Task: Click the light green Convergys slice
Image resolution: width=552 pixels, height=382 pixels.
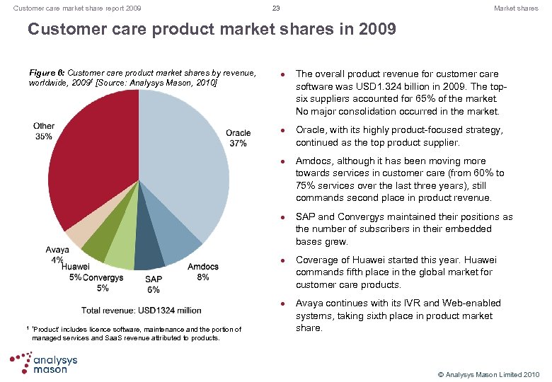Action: click(121, 251)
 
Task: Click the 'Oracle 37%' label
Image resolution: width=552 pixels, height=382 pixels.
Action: click(238, 138)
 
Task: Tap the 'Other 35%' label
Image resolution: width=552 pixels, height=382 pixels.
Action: click(43, 131)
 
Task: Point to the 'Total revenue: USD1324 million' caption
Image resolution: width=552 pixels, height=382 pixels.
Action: click(141, 310)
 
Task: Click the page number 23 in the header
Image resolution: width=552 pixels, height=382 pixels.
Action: click(276, 8)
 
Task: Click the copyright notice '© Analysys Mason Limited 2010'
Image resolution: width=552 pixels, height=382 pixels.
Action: click(489, 374)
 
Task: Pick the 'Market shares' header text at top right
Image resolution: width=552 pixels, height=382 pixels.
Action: click(516, 8)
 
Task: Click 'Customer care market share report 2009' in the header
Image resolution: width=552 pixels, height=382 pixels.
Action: click(72, 8)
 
